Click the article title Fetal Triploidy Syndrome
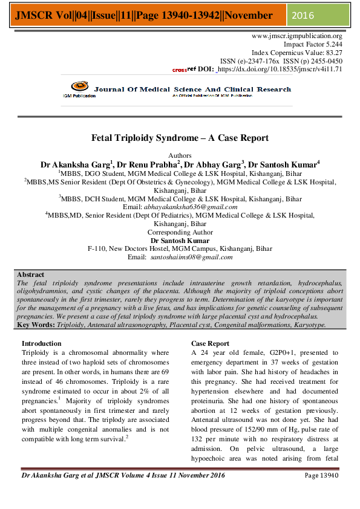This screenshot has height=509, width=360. click(180, 138)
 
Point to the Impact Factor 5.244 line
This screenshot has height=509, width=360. click(313, 45)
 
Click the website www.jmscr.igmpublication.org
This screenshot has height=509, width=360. click(297, 36)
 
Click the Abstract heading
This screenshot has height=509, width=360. click(30, 274)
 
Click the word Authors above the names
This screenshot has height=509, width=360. click(180, 155)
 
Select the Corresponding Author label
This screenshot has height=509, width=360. click(180, 232)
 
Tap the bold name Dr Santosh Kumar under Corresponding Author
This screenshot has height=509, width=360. click(180, 240)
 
